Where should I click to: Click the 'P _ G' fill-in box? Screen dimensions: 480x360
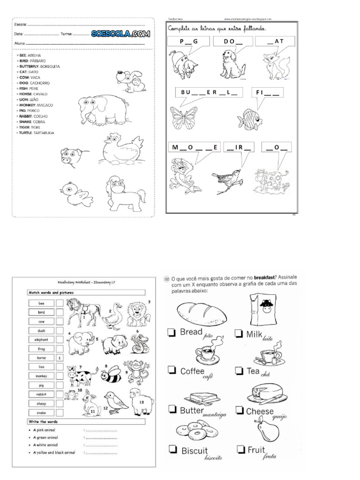(188, 42)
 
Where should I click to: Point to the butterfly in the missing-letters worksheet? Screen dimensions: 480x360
(184, 118)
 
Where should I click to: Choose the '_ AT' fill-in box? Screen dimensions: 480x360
(275, 42)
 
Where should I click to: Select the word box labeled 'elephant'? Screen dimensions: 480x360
(41, 339)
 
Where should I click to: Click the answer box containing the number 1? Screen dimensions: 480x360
(60, 358)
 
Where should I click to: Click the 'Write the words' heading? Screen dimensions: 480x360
(43, 422)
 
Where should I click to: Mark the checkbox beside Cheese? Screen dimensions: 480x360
(240, 412)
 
